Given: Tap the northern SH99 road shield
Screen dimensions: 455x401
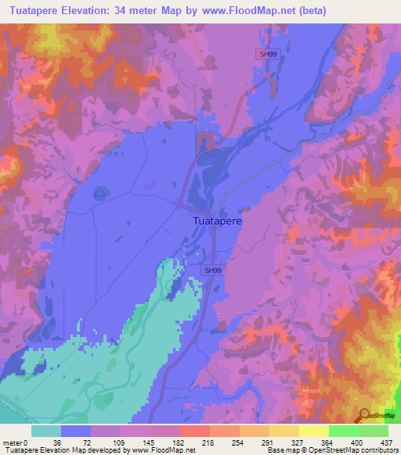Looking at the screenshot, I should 268,54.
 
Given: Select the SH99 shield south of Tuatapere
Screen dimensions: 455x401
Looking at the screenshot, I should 212,270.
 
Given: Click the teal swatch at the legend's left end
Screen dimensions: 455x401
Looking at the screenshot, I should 46,432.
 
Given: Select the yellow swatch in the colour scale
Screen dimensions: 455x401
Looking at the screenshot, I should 313,432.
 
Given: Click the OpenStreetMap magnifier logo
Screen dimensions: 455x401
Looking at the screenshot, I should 364,414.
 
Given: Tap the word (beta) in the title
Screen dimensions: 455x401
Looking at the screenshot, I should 309,10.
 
